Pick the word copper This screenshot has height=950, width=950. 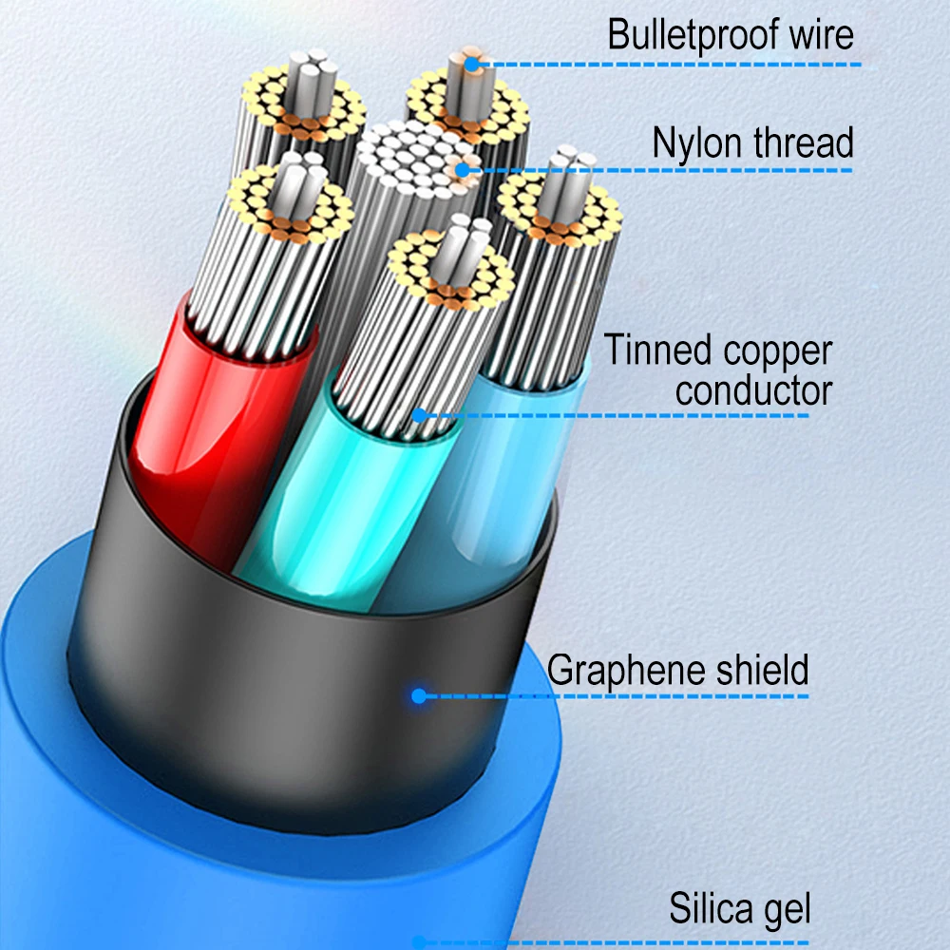pos(777,351)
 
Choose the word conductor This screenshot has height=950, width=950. pos(753,389)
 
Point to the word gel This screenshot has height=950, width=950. pos(788,909)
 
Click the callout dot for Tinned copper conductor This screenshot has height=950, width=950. pos(418,414)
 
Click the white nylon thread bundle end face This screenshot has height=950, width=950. pos(418,157)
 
